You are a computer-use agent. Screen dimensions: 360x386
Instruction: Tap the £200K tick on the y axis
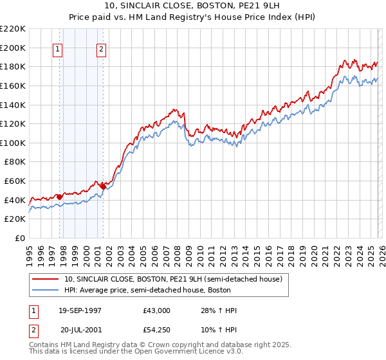[x=13, y=48]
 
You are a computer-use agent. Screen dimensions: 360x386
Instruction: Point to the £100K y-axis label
[x=13, y=143]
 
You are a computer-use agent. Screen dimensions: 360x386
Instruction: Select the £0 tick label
[x=19, y=239]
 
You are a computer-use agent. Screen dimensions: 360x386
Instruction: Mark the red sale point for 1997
[x=59, y=197]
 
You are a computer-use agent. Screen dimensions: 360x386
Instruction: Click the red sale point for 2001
[x=103, y=186]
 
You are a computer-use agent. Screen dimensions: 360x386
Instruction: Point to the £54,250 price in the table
[x=157, y=329]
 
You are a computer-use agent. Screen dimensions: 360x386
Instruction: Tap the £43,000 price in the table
[x=157, y=310]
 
